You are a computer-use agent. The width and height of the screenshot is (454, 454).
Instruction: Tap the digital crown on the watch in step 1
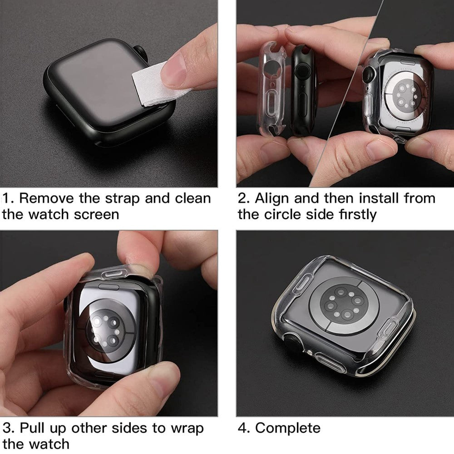141,54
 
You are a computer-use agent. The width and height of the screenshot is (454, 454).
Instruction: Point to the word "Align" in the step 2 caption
271,199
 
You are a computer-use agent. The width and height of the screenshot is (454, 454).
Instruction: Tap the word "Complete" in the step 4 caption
288,428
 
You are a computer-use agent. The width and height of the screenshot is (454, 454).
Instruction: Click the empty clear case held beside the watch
271,89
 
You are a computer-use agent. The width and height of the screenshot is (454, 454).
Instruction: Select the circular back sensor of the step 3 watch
106,329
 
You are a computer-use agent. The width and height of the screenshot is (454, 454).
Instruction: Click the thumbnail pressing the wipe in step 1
173,70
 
